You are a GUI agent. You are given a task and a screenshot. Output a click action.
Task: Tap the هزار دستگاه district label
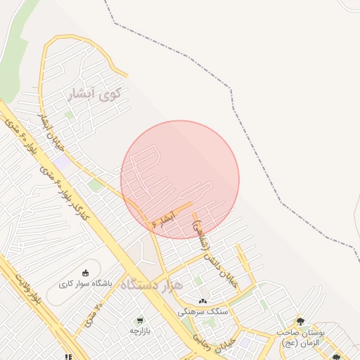[150, 285]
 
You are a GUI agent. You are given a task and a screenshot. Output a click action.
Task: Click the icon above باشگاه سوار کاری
[86, 274]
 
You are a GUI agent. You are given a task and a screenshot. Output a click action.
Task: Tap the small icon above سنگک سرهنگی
[203, 301]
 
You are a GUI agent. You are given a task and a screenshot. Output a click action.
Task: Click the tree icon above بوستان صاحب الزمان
[300, 321]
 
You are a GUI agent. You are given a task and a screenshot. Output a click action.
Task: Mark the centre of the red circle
[180, 180]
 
